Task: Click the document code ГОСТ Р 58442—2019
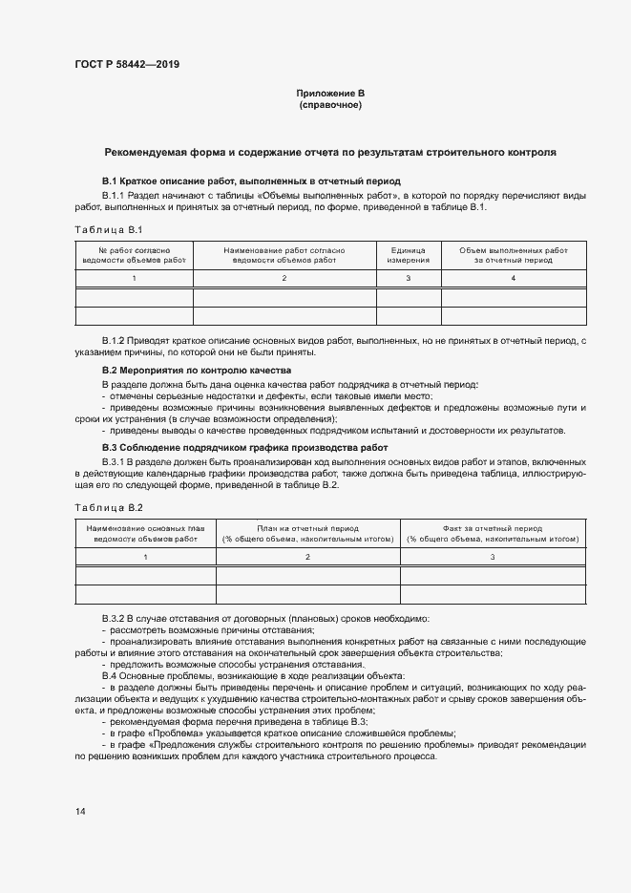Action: pos(126,65)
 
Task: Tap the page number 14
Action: pos(81,812)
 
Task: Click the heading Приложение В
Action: pos(330,93)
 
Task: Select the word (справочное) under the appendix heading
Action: pos(330,104)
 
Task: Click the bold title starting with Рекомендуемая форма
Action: pos(330,152)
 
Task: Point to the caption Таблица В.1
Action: pos(108,230)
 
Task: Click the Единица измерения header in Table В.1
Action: pos(408,254)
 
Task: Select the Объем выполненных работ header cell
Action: pos(513,254)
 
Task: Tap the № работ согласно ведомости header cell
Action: pos(135,254)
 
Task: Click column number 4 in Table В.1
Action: pos(513,278)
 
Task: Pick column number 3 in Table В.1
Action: pos(408,278)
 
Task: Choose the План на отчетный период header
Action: pos(307,533)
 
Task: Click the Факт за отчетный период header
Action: pos(493,533)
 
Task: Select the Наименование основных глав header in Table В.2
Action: pos(146,533)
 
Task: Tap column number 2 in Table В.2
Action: pos(307,556)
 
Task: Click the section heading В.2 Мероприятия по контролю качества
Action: pos(197,370)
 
